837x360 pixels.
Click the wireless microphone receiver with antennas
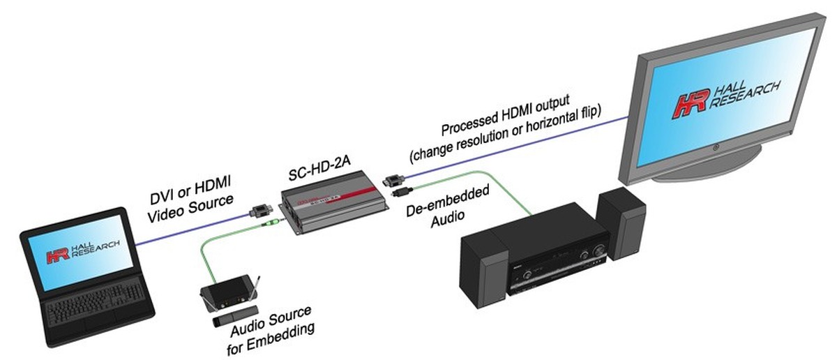tap(227, 294)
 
